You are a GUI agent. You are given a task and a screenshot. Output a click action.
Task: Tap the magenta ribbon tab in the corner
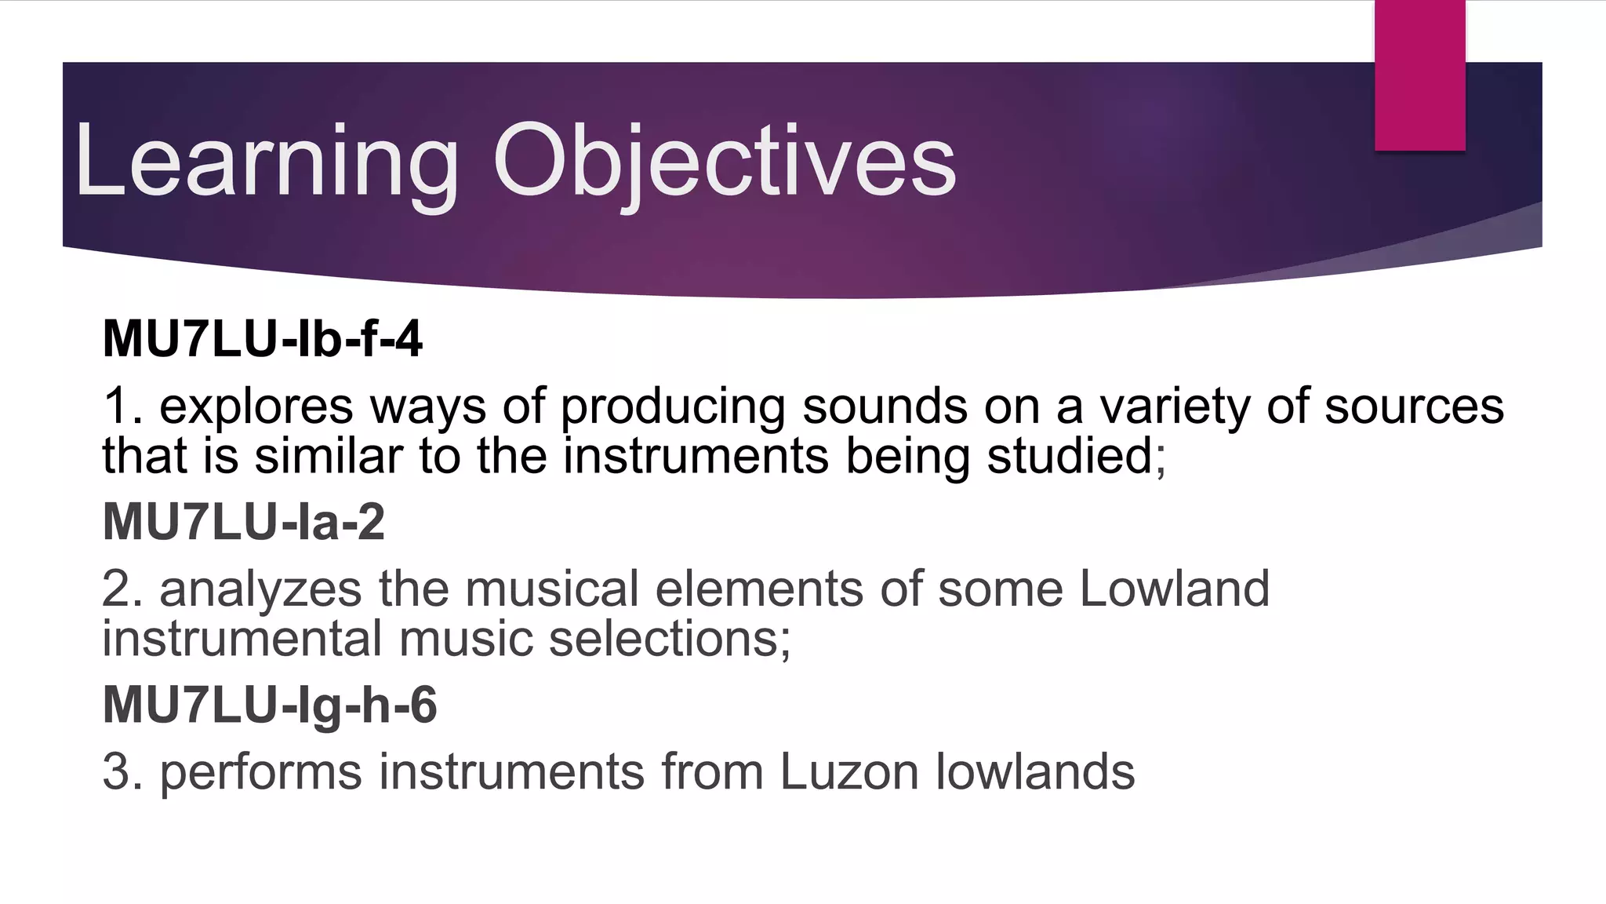1419,75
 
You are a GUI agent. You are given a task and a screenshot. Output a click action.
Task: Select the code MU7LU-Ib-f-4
262,339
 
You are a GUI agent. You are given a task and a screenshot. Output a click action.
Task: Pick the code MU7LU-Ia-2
243,522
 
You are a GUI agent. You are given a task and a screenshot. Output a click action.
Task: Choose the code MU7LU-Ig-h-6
269,705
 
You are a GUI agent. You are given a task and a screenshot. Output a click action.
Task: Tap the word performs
260,773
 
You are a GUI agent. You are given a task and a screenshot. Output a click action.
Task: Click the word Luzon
848,772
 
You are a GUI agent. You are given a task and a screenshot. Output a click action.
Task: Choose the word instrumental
242,639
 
